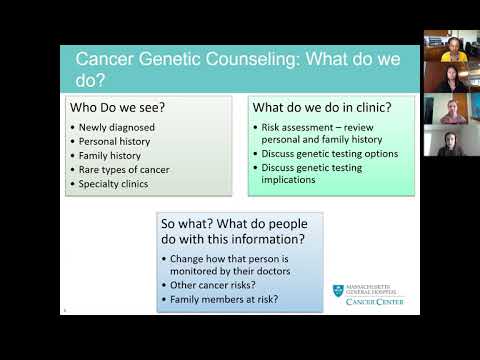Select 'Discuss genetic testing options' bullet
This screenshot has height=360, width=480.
click(x=330, y=154)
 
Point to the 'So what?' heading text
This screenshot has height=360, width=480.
click(x=190, y=223)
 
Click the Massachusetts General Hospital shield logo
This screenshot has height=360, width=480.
click(x=338, y=291)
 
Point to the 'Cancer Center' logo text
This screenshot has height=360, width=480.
click(x=375, y=301)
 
